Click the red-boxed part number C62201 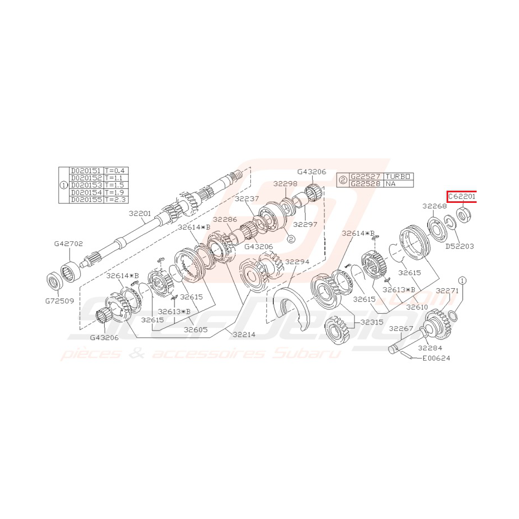coord(462,197)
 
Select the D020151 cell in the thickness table coord(86,171)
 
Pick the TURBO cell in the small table coord(398,176)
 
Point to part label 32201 coord(140,213)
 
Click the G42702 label coord(69,244)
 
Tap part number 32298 coord(285,183)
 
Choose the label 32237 coord(246,198)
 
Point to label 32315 coord(372,322)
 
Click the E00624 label coord(436,358)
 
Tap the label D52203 coord(459,246)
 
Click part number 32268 coord(434,206)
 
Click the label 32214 coord(245,334)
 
